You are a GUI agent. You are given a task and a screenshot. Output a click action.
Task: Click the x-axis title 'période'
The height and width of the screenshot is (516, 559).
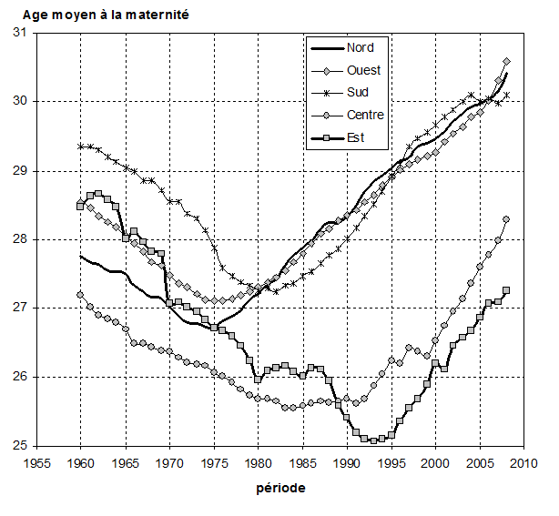pos(280,488)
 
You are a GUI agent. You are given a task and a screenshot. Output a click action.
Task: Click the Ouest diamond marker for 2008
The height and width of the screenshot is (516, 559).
pos(507,62)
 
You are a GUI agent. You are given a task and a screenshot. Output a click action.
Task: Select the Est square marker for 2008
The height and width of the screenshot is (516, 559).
pos(506,290)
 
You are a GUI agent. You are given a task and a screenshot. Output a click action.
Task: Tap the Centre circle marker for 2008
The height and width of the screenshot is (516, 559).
pos(506,219)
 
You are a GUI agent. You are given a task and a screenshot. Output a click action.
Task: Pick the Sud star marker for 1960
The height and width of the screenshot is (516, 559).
pos(81,146)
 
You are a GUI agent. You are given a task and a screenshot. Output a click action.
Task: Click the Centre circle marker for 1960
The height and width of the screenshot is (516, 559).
pos(81,295)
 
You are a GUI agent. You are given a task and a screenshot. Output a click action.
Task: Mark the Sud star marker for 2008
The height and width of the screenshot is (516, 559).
pos(507,95)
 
